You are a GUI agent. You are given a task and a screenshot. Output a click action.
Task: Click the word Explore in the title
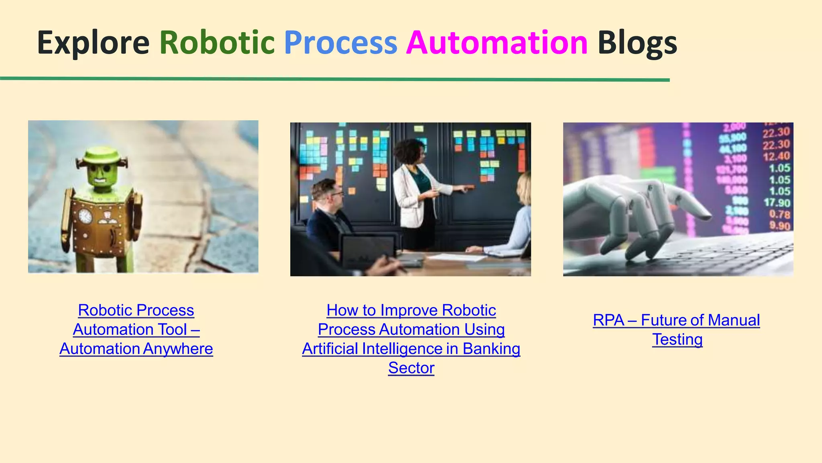pos(93,43)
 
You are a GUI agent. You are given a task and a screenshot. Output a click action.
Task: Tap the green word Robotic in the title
pos(217,43)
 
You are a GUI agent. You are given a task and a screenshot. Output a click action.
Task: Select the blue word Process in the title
pos(340,43)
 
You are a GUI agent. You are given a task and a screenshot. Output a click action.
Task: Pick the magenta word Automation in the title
pos(497,43)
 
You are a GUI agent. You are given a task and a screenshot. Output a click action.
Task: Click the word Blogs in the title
pos(637,43)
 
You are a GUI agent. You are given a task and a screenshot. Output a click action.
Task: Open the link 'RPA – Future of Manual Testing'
pos(676,321)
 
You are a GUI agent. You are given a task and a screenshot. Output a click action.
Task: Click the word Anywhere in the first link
pos(178,349)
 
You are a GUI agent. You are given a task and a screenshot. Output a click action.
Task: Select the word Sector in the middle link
pos(411,368)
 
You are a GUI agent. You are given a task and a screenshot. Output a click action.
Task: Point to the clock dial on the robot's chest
pos(85,216)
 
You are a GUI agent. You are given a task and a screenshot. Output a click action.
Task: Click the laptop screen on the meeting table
pos(367,251)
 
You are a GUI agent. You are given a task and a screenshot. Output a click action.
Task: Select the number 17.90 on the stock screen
pos(777,203)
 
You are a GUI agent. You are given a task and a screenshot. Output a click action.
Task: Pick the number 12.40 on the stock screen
pos(776,156)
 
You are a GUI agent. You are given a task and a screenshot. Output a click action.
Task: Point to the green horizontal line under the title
pos(335,79)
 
